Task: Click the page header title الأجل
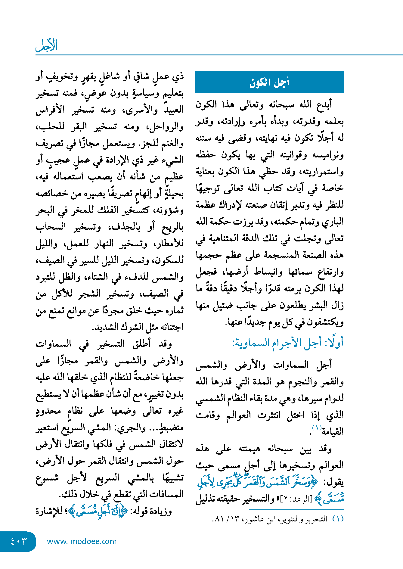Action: (x=46, y=45)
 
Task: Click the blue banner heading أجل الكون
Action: (x=269, y=82)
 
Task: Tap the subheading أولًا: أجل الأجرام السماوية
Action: (x=287, y=343)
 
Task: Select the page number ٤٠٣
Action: (x=19, y=541)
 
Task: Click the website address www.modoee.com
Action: (x=82, y=541)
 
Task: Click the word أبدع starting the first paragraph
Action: (x=324, y=104)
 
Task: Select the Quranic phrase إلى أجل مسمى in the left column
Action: (x=97, y=511)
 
